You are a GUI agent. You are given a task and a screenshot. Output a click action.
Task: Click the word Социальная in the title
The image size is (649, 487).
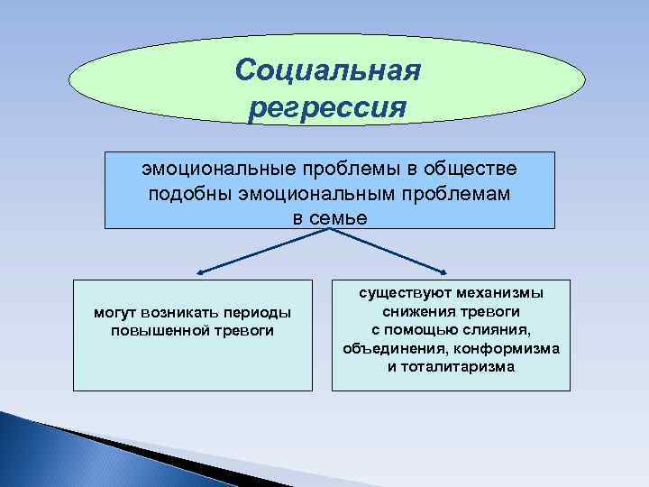(x=326, y=69)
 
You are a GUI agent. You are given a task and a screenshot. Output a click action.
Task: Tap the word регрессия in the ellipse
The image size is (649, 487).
(x=326, y=107)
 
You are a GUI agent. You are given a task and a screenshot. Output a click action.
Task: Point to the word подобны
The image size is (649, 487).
(x=187, y=194)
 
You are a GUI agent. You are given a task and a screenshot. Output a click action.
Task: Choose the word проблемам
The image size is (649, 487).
(x=459, y=194)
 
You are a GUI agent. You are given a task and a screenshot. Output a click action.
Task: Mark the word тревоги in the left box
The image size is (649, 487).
(x=242, y=330)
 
